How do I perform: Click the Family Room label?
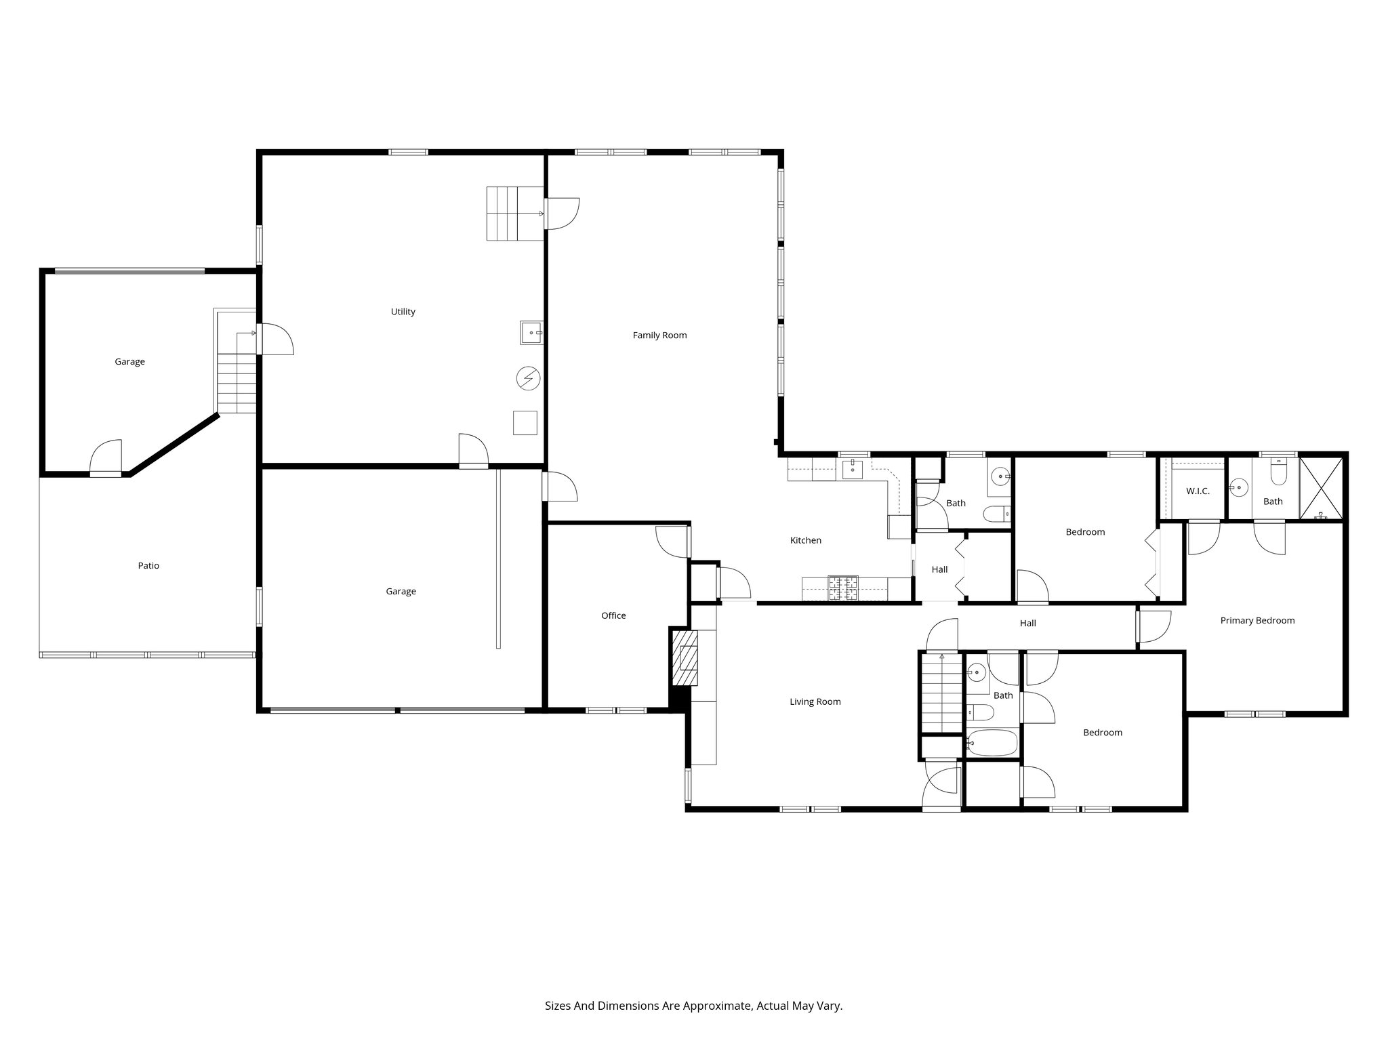click(x=659, y=335)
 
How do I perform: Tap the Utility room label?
click(x=403, y=312)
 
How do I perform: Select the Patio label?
click(x=148, y=566)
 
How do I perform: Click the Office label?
click(x=613, y=616)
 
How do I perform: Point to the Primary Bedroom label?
click(x=1257, y=621)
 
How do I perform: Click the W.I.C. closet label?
click(x=1198, y=491)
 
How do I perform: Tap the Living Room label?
click(x=815, y=702)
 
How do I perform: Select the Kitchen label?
click(x=806, y=541)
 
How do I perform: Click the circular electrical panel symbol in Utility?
click(x=527, y=378)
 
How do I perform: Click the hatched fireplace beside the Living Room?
click(x=685, y=657)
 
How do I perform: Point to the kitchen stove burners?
click(x=843, y=588)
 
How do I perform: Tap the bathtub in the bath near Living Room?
click(x=992, y=743)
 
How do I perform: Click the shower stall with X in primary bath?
click(x=1320, y=488)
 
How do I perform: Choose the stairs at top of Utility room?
click(x=514, y=213)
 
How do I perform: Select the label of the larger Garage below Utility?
click(x=401, y=592)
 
